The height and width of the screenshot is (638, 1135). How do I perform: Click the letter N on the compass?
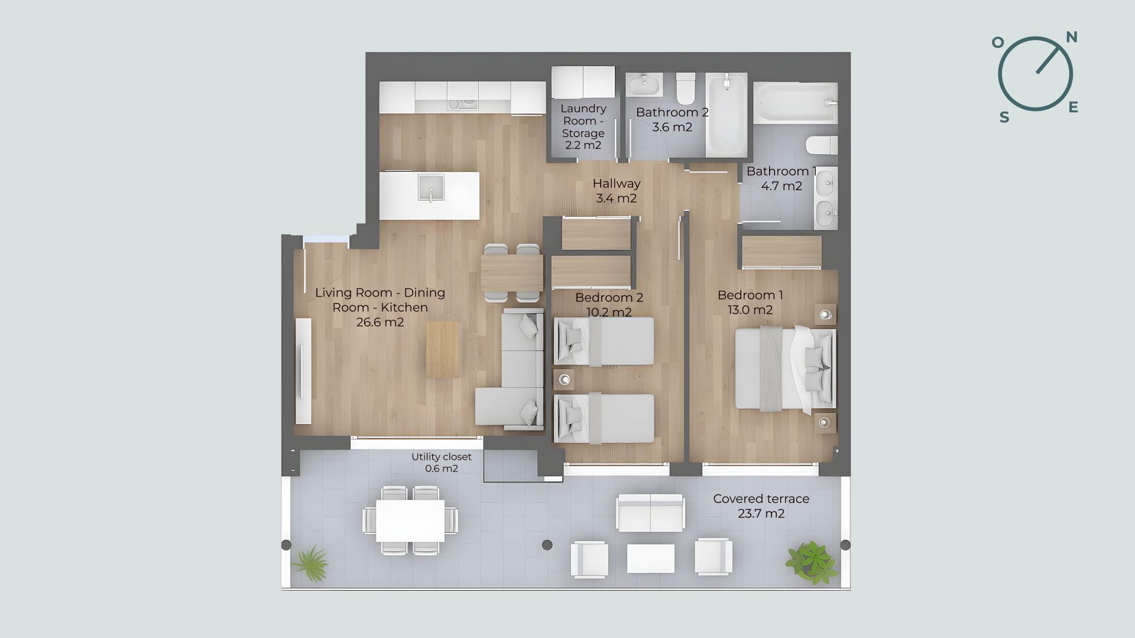[x=1071, y=38]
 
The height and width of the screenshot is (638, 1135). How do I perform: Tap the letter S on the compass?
[x=1004, y=118]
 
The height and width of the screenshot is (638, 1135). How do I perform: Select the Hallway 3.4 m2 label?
[x=617, y=191]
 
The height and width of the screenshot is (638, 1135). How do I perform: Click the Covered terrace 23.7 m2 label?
[x=761, y=506]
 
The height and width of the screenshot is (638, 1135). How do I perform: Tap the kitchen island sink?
[x=431, y=188]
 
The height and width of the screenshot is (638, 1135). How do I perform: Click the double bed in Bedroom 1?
[x=785, y=368]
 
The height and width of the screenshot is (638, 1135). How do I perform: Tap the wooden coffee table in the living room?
[x=443, y=349]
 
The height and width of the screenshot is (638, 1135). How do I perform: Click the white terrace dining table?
[x=410, y=520]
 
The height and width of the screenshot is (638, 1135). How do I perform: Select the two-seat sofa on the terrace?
[x=651, y=513]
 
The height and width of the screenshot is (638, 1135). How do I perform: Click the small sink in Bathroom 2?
[x=644, y=85]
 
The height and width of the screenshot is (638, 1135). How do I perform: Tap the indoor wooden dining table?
[x=512, y=273]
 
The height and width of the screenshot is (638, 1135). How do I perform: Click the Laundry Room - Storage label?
[x=583, y=126]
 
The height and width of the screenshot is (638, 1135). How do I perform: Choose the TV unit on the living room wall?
[x=303, y=371]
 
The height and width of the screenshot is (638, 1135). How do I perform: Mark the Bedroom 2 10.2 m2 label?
[x=609, y=305]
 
